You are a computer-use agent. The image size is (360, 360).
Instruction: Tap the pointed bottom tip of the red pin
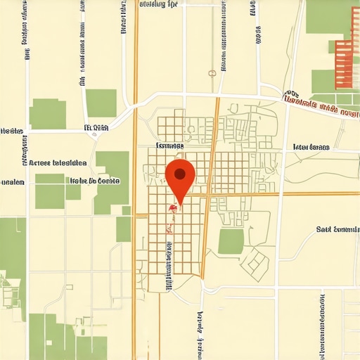coord(180,206)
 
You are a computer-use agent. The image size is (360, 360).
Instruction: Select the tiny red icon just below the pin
coord(172,208)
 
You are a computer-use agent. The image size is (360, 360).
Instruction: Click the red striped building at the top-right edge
coord(343,64)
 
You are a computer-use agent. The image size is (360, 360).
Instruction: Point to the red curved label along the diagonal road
coord(320,105)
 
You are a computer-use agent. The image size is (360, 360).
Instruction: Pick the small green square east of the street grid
coord(231,241)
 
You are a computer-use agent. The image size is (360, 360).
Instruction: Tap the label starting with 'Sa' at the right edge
coord(337,229)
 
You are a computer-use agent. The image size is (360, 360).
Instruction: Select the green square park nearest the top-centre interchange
coord(101,103)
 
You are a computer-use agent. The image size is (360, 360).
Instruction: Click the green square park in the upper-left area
coord(48,113)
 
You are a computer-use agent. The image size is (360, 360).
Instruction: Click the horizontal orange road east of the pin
coord(281,194)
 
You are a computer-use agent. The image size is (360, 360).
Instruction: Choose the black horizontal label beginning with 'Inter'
coord(311,148)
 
